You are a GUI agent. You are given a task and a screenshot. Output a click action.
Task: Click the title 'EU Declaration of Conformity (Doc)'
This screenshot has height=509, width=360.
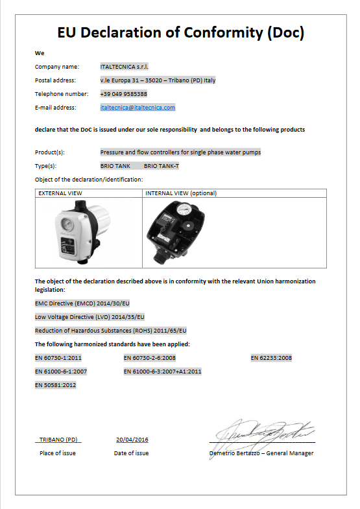tap(180, 33)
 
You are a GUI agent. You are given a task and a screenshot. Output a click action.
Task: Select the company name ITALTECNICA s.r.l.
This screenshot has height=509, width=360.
tap(124, 67)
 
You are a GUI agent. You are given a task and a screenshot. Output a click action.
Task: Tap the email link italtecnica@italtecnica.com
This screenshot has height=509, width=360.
tap(138, 108)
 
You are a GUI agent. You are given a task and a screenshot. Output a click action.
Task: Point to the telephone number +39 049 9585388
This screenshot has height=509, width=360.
tap(123, 94)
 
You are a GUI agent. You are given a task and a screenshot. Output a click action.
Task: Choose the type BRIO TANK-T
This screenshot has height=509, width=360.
tap(162, 166)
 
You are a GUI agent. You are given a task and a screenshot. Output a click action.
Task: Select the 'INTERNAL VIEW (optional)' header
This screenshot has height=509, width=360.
tap(181, 193)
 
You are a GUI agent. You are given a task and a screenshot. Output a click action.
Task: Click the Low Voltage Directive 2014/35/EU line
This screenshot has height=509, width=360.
tap(90, 316)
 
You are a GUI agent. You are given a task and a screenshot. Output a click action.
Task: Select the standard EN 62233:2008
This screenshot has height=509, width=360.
tap(271, 358)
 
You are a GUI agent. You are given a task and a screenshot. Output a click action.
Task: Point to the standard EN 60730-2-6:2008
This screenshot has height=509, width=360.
tap(149, 358)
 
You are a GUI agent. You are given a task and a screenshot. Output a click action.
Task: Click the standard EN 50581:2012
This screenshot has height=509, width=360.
tap(55, 385)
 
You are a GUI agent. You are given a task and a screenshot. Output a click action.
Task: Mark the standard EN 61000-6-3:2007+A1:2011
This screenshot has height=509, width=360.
tap(162, 372)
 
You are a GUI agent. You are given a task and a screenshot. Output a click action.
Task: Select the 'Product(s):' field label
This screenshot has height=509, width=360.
tap(51, 152)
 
